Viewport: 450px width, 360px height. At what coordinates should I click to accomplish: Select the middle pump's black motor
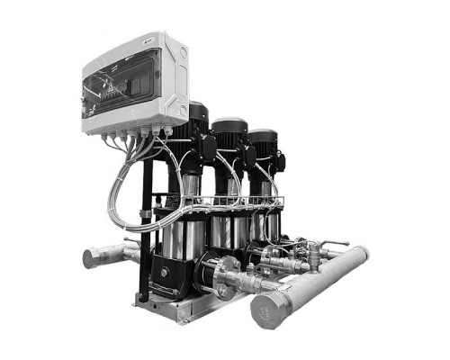coord(229,144)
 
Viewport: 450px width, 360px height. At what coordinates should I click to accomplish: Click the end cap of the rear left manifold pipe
coord(91,259)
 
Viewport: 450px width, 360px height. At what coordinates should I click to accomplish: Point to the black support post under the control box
coord(145,225)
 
